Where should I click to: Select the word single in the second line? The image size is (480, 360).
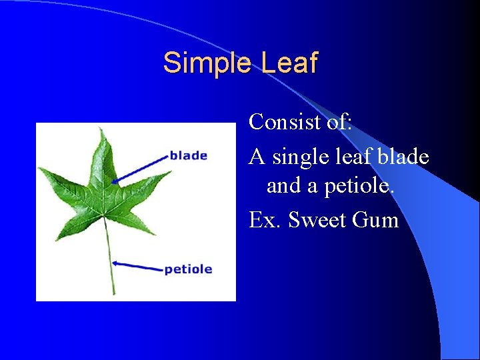tap(296, 157)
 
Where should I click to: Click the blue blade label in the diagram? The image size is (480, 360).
tap(189, 155)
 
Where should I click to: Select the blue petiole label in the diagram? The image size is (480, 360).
tap(188, 269)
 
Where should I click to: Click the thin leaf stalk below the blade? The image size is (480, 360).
tap(109, 253)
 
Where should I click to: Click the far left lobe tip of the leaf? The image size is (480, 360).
tap(41, 169)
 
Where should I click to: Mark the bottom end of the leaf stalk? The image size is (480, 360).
tap(113, 293)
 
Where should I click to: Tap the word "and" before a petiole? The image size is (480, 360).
tap(283, 186)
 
